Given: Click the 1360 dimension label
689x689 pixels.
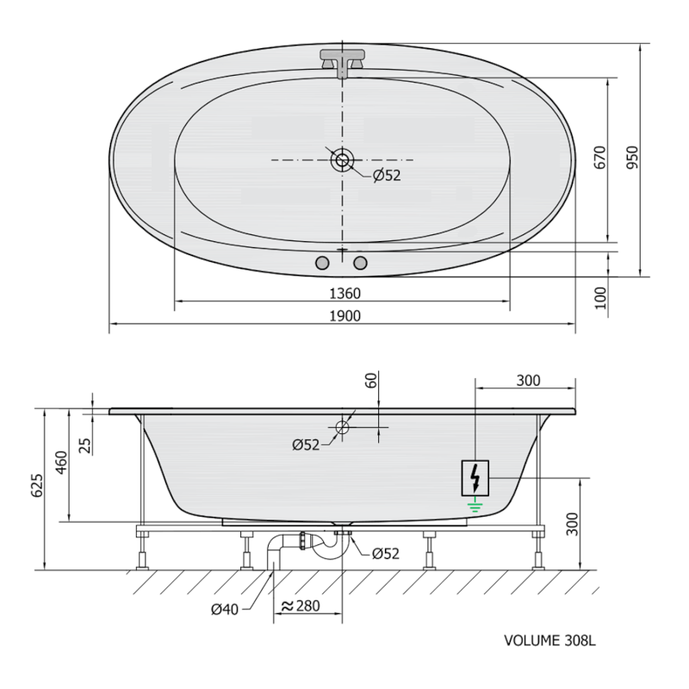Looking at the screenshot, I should tap(343, 293).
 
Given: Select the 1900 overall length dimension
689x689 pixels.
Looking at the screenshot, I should tap(343, 316).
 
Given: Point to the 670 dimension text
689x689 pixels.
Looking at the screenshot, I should tap(601, 158).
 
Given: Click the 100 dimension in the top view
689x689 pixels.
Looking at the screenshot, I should tap(601, 298).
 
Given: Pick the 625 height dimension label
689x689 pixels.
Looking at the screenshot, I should tap(36, 488).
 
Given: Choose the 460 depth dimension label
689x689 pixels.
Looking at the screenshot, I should tap(60, 462).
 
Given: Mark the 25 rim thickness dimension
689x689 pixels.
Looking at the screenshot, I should tap(84, 444).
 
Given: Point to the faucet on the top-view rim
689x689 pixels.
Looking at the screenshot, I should tap(343, 61).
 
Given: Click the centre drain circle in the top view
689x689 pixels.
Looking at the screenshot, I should tap(343, 159).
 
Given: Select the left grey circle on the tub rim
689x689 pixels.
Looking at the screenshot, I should tap(324, 262).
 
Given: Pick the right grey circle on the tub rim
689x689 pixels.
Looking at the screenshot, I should tap(361, 262).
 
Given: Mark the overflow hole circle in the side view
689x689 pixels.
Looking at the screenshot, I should tap(343, 426).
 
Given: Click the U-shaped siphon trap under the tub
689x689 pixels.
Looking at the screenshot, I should tap(323, 551).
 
